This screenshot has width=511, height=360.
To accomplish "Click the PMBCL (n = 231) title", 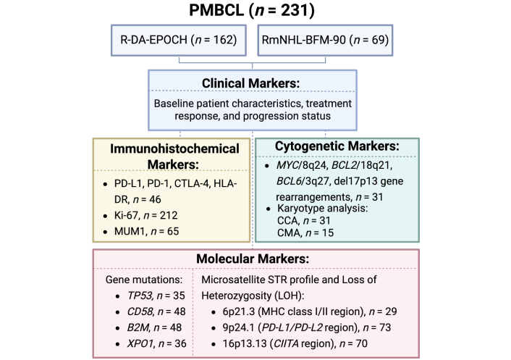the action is (252, 10).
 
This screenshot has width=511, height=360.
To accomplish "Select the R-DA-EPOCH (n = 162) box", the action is (179, 40).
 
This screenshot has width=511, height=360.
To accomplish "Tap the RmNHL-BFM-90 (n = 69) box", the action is (325, 40).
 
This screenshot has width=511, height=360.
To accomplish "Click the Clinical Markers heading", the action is (250, 83).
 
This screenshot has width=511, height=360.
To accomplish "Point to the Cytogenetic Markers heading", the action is (337, 146).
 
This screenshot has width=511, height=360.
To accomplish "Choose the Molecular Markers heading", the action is (253, 259).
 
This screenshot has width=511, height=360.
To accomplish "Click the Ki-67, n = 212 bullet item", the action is (145, 216).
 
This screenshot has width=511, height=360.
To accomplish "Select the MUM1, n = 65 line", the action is (146, 232).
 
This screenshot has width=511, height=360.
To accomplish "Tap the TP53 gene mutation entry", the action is (156, 296).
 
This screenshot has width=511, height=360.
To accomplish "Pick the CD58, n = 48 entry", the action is (156, 311).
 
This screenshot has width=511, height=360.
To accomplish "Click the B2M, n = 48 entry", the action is (154, 327).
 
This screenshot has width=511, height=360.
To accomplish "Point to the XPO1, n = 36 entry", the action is (157, 343).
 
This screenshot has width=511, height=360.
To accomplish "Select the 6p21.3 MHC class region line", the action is (310, 311).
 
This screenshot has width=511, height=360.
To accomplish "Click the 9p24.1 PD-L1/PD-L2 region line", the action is (307, 327).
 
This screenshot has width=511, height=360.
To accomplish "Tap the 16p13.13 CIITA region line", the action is (295, 343).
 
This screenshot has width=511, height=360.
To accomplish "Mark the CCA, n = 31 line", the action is (304, 221).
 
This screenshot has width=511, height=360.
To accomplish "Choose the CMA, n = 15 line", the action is (305, 233).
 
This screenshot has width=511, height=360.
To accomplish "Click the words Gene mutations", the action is (144, 280).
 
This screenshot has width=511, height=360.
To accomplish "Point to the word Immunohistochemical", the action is (174, 148).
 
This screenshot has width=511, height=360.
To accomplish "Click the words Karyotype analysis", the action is (322, 209).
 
